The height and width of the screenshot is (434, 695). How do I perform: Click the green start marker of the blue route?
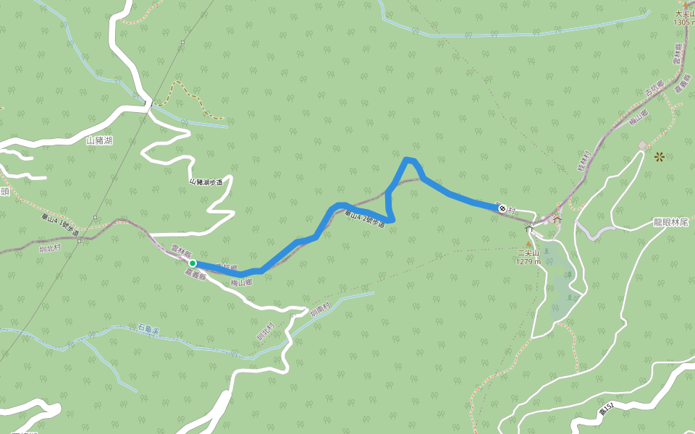pyautogui.click(x=193, y=263)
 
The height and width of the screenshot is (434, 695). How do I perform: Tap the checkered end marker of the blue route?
pyautogui.click(x=502, y=209)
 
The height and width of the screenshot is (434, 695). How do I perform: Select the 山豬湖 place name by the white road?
pyautogui.click(x=99, y=141)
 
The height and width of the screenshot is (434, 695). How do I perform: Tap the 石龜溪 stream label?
pyautogui.click(x=148, y=330)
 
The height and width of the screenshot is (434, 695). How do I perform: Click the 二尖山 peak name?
pyautogui.click(x=528, y=253)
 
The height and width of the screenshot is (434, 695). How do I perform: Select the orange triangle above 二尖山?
pyautogui.click(x=528, y=244)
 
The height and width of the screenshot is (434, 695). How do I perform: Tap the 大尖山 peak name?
pyautogui.click(x=684, y=14)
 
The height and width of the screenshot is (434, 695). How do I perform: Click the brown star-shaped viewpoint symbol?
pyautogui.click(x=660, y=156)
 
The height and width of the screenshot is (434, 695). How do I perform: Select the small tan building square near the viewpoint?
pyautogui.click(x=642, y=146)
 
